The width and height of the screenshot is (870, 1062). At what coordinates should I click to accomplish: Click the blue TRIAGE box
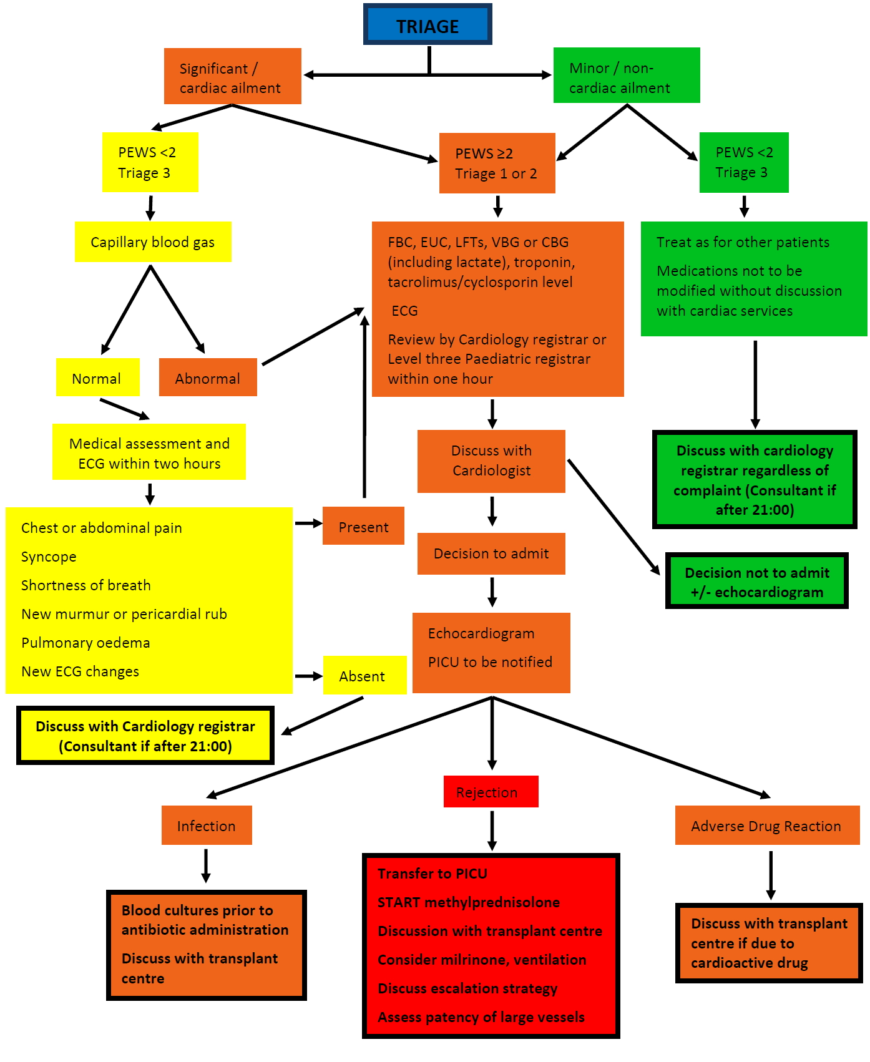click(428, 25)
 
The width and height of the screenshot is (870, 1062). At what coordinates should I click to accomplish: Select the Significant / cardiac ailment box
click(232, 76)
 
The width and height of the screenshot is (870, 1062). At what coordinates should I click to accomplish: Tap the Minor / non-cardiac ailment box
click(626, 76)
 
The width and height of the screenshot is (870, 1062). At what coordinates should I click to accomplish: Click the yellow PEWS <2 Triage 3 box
click(150, 162)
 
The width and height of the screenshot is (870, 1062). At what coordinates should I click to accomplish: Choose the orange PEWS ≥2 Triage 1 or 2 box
click(497, 163)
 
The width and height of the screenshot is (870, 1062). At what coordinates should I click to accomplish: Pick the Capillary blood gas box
click(153, 242)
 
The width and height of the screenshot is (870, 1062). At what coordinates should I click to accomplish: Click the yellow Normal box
click(97, 378)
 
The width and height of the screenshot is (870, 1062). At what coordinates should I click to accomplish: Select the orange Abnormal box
click(208, 378)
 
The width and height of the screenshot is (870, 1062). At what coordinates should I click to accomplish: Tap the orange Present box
click(363, 526)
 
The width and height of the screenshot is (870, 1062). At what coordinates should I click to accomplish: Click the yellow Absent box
click(364, 676)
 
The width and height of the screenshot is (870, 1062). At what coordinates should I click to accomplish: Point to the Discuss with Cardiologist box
click(491, 461)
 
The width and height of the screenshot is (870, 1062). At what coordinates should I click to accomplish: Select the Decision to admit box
click(491, 553)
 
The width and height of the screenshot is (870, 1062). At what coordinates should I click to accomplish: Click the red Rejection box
click(491, 792)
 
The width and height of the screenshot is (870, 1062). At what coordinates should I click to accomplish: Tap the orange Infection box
click(207, 826)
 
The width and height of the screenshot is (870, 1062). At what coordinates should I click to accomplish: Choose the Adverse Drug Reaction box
click(766, 826)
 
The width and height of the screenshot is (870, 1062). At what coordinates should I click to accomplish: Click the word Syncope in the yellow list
click(49, 557)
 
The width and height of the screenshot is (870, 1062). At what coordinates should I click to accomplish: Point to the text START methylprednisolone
click(469, 902)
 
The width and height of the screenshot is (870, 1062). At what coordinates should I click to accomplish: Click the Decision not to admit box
click(756, 581)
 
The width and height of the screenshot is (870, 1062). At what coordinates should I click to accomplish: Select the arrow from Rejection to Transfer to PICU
click(492, 830)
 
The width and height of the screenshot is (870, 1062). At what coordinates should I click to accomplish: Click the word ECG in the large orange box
click(404, 311)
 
